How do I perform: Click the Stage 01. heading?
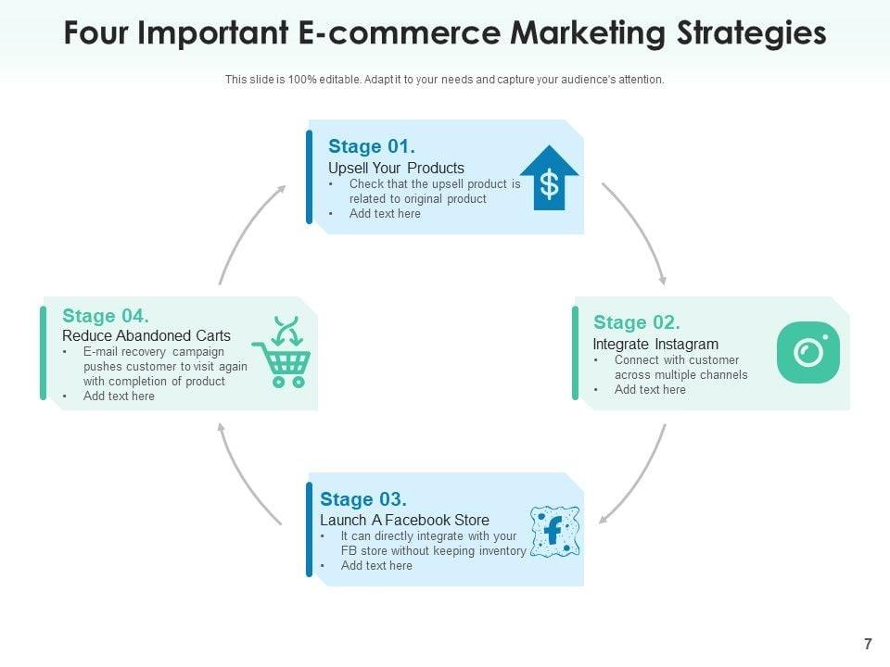point(371,146)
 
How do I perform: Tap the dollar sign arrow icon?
point(550,177)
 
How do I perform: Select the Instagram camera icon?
point(808,352)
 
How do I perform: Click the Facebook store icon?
point(554,531)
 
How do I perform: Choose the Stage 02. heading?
point(637,322)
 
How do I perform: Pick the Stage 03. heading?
point(363,499)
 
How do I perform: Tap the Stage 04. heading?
point(106,315)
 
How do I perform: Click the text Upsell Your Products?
point(396,168)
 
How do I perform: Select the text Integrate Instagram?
point(655,344)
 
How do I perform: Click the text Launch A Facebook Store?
point(404,520)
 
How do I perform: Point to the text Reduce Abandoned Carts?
point(146,335)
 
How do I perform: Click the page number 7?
point(868,645)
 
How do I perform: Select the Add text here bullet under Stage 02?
point(650,390)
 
